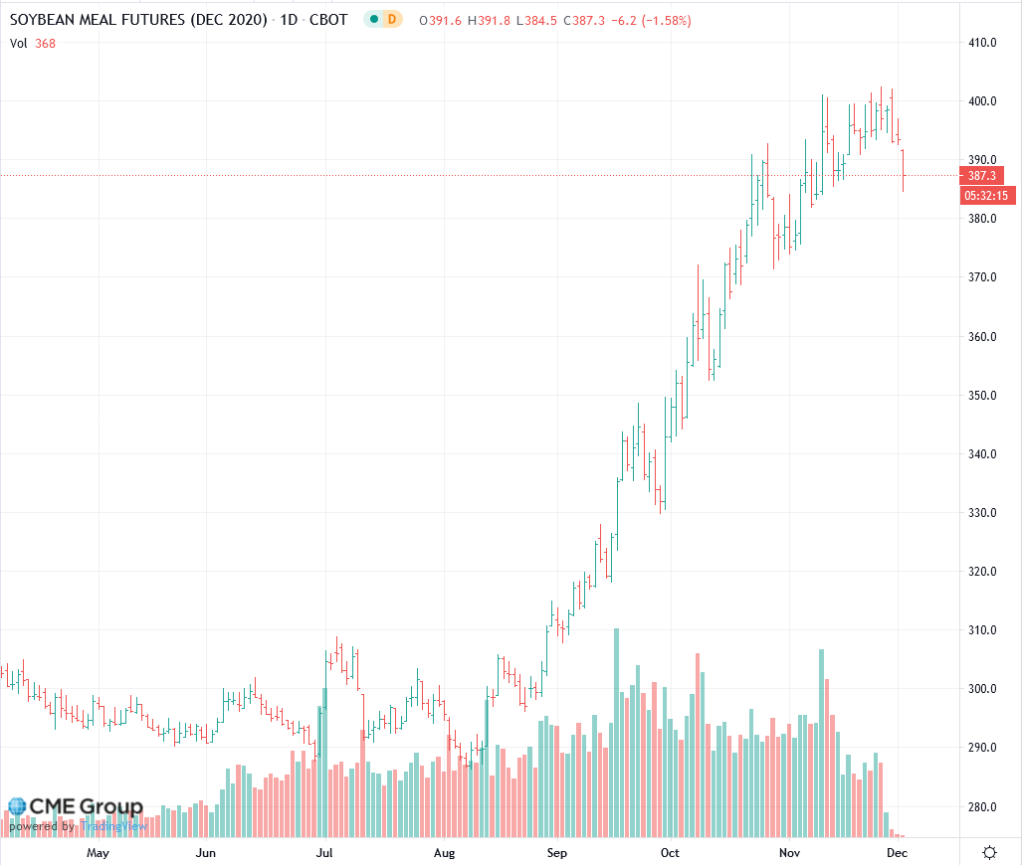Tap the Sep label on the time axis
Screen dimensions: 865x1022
pyautogui.click(x=557, y=853)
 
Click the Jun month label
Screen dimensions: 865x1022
pyautogui.click(x=206, y=853)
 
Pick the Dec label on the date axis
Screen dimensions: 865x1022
pyautogui.click(x=898, y=853)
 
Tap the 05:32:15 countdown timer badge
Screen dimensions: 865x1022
pyautogui.click(x=987, y=196)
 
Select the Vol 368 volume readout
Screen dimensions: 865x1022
pyautogui.click(x=33, y=42)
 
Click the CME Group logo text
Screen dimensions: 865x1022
pyautogui.click(x=85, y=806)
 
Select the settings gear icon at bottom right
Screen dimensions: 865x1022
pyautogui.click(x=990, y=853)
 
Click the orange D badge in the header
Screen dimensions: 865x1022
pyautogui.click(x=391, y=20)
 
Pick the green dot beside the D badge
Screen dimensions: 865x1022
pyautogui.click(x=374, y=20)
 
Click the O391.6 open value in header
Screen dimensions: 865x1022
pyautogui.click(x=438, y=20)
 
